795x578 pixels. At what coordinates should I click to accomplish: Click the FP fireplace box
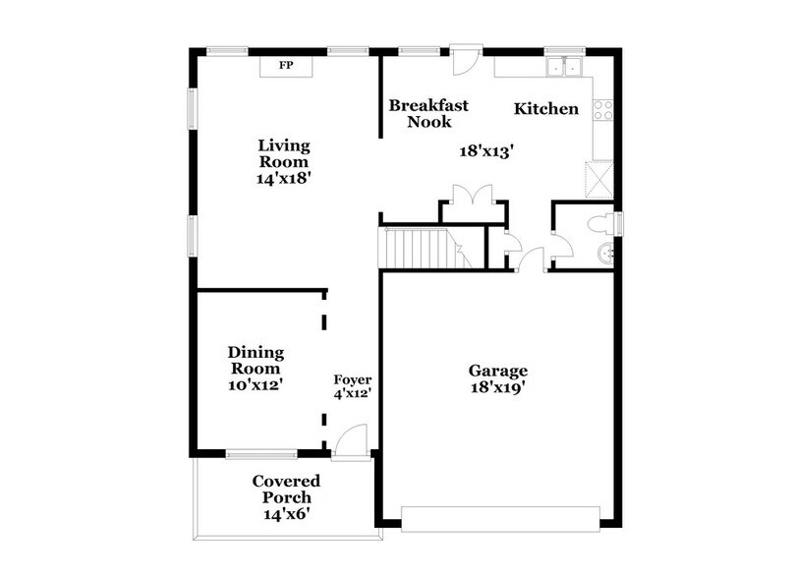286,66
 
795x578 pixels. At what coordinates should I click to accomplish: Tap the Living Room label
283,153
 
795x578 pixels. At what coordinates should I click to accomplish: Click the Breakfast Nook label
428,113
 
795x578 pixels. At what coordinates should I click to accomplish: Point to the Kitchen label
546,108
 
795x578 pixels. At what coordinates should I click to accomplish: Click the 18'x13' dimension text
487,151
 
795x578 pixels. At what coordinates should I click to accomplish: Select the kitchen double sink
564,68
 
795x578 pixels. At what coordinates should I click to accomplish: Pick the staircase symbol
419,247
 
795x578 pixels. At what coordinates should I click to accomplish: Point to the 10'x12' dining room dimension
256,384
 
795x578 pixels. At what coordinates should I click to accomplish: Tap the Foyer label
352,378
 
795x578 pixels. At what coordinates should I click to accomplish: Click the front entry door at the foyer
350,442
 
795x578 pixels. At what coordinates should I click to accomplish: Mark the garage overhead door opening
501,518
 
